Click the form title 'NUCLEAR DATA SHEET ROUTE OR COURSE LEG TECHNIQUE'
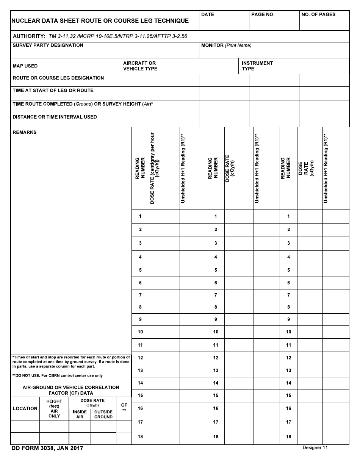click(100, 21)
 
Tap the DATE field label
click(208, 14)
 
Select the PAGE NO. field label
click(262, 14)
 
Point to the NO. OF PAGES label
click(318, 14)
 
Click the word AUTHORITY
click(29, 36)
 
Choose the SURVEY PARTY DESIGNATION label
click(48, 45)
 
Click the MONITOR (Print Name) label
click(226, 45)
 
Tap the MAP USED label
click(25, 66)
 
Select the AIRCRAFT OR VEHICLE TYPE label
click(140, 66)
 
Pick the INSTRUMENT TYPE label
click(257, 66)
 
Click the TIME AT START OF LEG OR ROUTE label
click(53, 91)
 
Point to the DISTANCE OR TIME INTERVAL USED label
click(55, 117)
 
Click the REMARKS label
click(25, 133)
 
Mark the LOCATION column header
click(25, 408)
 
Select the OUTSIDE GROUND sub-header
click(103, 414)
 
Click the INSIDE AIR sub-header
click(80, 414)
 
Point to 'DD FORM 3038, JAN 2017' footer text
click(47, 449)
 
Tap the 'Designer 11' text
click(315, 448)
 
